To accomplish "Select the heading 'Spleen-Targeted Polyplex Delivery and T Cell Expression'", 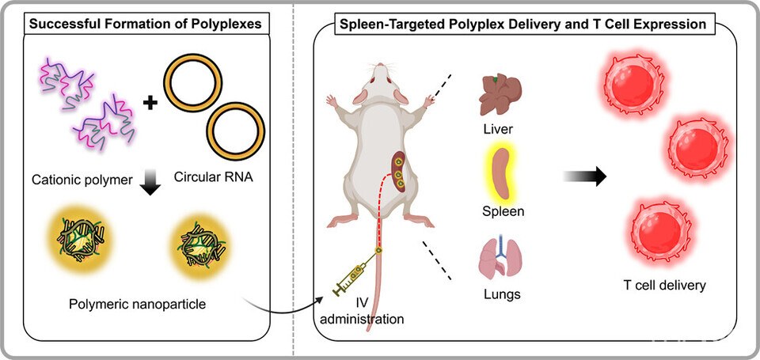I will [522, 24].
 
